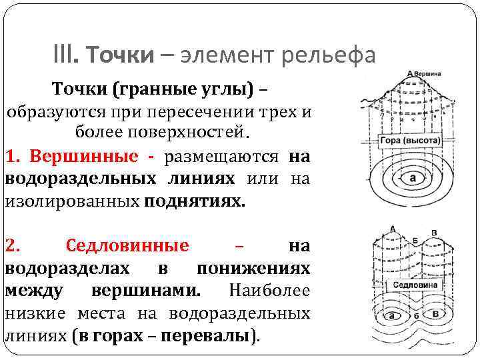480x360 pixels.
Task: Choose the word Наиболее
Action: click(269, 291)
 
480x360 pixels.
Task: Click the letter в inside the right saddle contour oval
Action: click(435, 314)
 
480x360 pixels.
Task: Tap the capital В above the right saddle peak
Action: click(435, 233)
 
